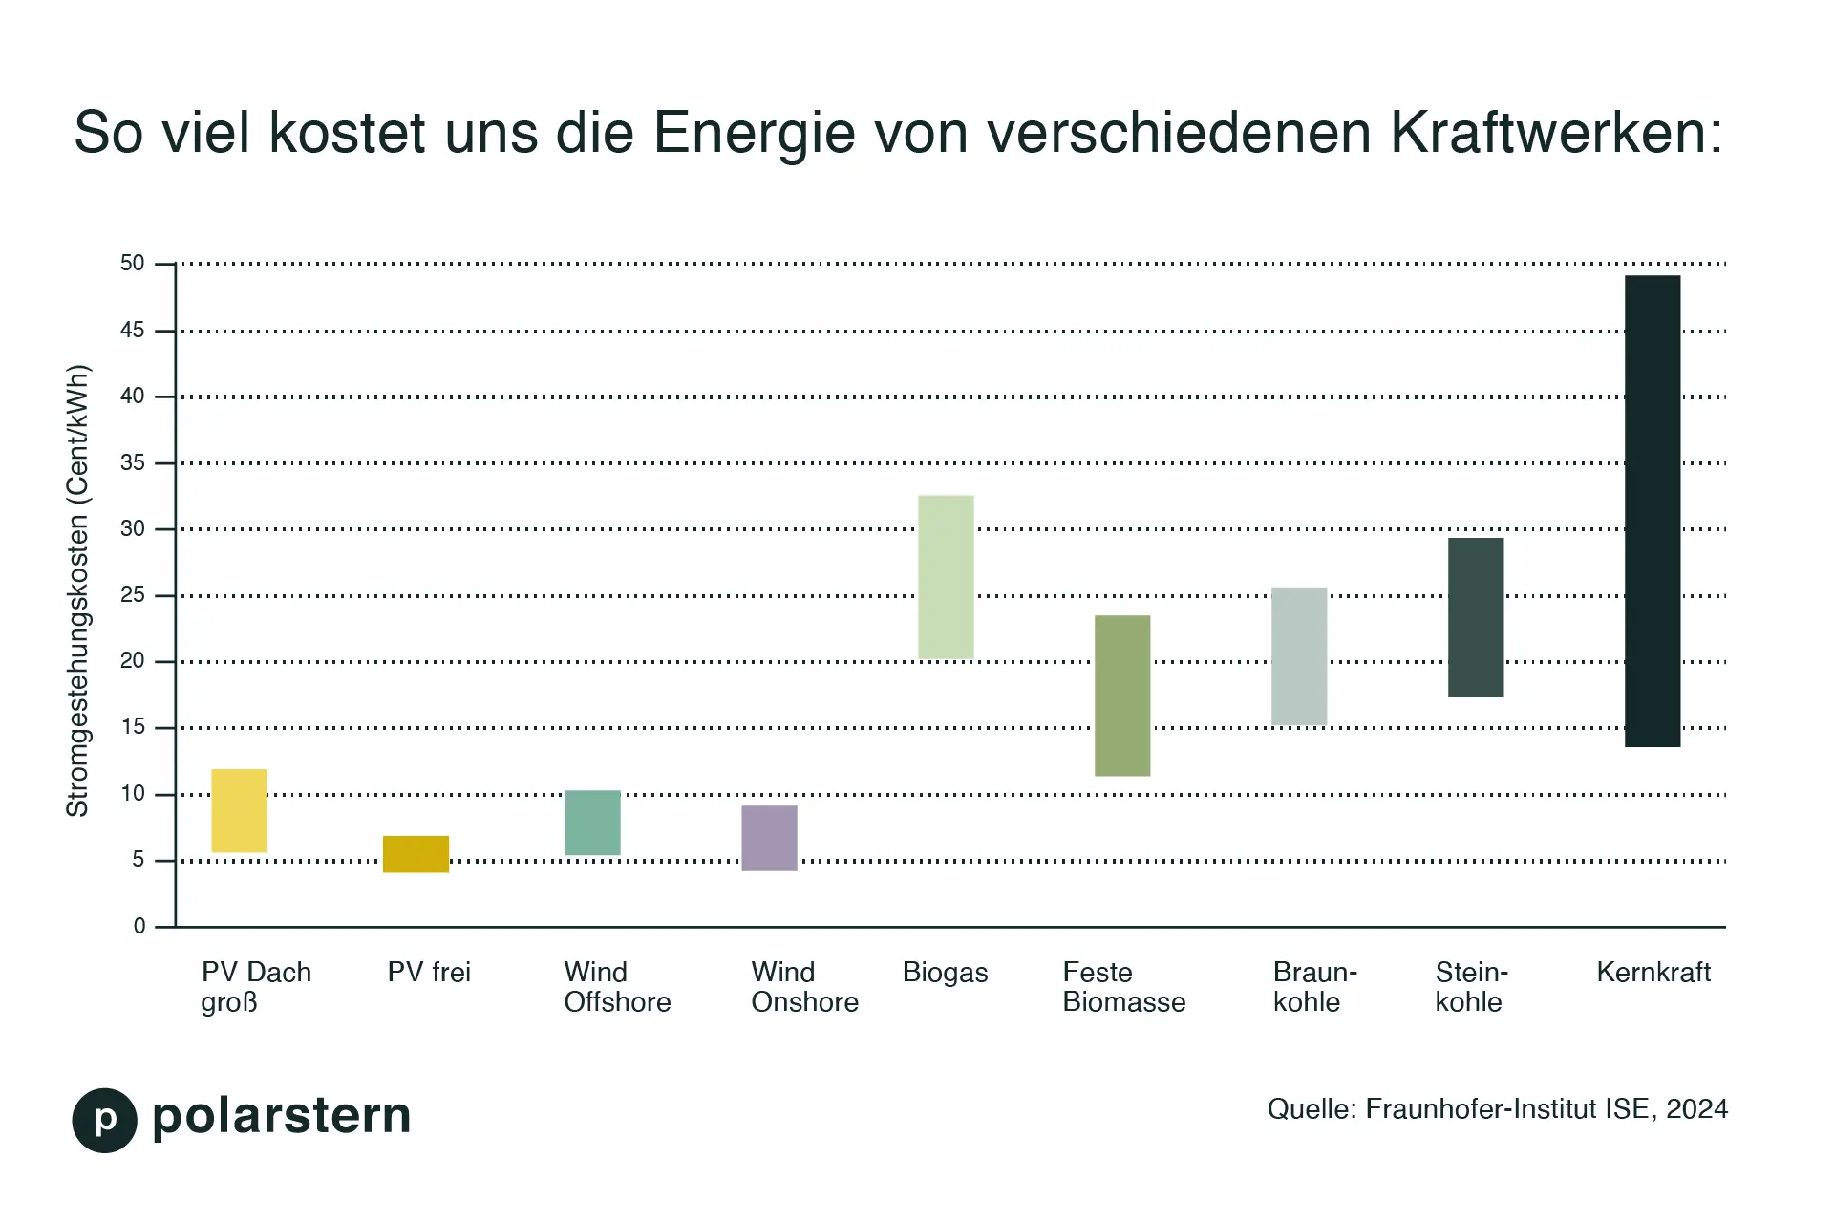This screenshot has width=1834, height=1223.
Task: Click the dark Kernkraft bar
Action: (1653, 511)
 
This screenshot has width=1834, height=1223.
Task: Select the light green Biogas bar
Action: (946, 576)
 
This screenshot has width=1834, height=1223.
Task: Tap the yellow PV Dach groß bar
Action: (239, 810)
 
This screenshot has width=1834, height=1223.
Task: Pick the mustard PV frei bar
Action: (416, 853)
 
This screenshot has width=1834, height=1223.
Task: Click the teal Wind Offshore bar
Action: (592, 822)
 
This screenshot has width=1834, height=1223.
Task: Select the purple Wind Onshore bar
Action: (769, 838)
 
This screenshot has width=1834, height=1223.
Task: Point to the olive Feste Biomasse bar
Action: (1122, 696)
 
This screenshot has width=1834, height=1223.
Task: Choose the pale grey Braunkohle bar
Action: (1299, 655)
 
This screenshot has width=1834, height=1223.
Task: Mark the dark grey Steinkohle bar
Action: (1476, 617)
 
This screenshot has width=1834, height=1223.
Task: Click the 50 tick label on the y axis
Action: (133, 263)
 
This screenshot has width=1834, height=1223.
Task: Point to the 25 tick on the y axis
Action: (133, 595)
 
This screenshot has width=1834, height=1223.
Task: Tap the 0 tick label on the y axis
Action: (139, 926)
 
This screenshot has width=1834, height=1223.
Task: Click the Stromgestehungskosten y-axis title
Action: (77, 590)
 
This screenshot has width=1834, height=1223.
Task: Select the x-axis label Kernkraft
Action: (1653, 973)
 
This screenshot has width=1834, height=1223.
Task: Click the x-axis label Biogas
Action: (945, 973)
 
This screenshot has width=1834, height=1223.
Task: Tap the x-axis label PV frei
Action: (429, 973)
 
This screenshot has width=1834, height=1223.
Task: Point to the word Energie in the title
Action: (755, 134)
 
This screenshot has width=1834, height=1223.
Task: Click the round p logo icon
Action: (105, 1120)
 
